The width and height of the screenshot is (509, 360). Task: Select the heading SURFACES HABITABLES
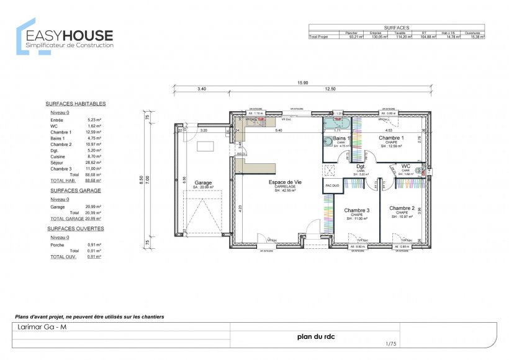pyautogui.click(x=76, y=104)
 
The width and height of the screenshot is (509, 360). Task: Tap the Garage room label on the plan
pyautogui.click(x=203, y=183)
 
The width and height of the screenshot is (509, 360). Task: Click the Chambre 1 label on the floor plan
pyautogui.click(x=391, y=138)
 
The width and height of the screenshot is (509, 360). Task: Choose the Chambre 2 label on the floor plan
pyautogui.click(x=402, y=209)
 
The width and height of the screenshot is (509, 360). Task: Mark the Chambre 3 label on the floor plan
pyautogui.click(x=357, y=210)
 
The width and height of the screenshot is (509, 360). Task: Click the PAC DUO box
pyautogui.click(x=332, y=186)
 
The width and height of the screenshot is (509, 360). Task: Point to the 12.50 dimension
pyautogui.click(x=330, y=89)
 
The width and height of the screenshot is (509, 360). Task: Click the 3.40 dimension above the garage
pyautogui.click(x=202, y=89)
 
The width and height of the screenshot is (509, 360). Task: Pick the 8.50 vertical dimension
pyautogui.click(x=142, y=179)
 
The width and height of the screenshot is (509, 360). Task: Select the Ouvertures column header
pyautogui.click(x=477, y=32)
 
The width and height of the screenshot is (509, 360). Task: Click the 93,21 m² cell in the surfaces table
pyautogui.click(x=355, y=37)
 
